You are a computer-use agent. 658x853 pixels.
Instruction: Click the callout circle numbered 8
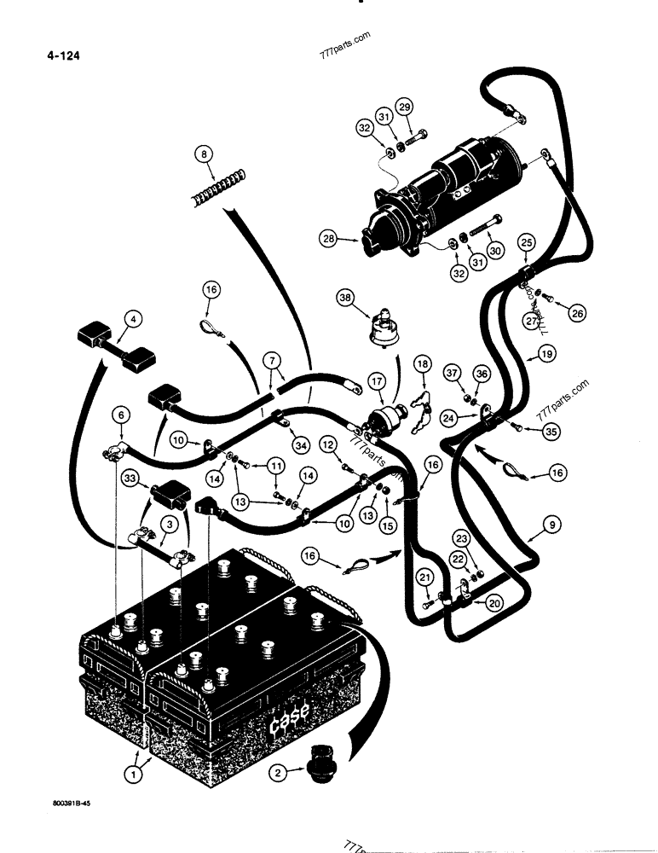coord(203,155)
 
